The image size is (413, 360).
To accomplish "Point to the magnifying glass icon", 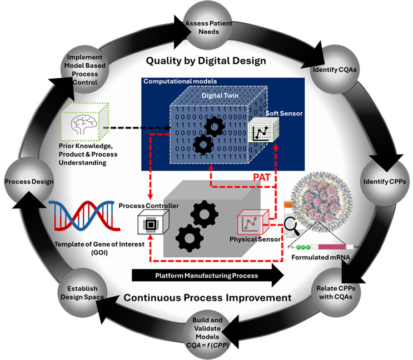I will [x=291, y=225].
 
